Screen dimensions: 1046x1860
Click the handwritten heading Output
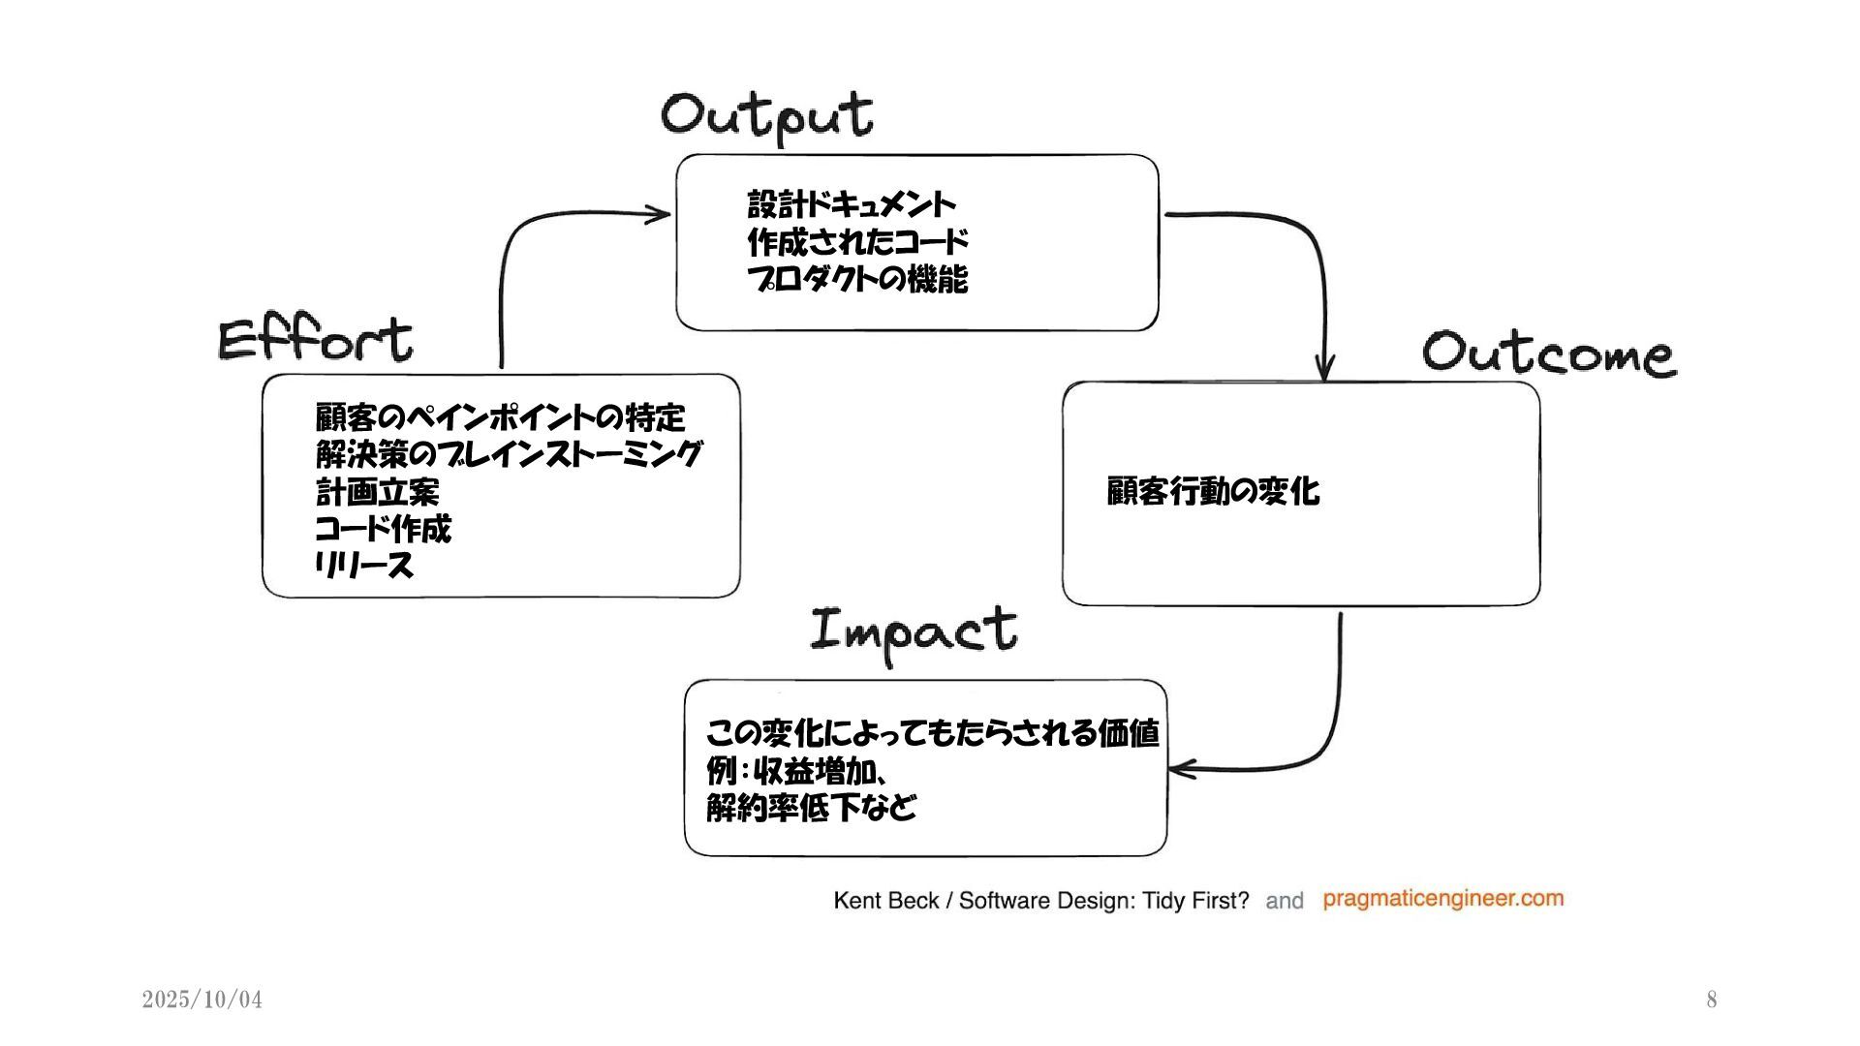767,116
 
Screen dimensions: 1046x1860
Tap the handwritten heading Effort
315,340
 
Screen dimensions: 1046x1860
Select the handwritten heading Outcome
1548,353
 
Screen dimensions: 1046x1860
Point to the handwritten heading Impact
914,632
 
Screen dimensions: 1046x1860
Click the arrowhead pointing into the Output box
660,214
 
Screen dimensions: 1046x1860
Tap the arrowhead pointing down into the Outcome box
1324,370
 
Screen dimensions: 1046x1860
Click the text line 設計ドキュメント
852,204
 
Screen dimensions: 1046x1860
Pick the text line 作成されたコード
857,241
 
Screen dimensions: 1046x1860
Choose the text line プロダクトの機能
857,279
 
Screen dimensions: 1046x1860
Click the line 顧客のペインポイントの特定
500,417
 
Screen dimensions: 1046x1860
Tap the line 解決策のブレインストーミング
509,454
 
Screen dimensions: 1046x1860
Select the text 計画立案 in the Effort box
377,492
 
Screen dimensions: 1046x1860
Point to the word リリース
364,566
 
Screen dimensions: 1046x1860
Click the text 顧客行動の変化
1213,491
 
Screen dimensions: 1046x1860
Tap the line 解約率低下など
811,807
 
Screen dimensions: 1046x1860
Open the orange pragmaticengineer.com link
1442,899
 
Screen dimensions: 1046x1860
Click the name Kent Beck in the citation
885,901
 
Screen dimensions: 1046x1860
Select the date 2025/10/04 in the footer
201,1000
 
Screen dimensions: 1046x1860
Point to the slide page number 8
1712,1000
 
